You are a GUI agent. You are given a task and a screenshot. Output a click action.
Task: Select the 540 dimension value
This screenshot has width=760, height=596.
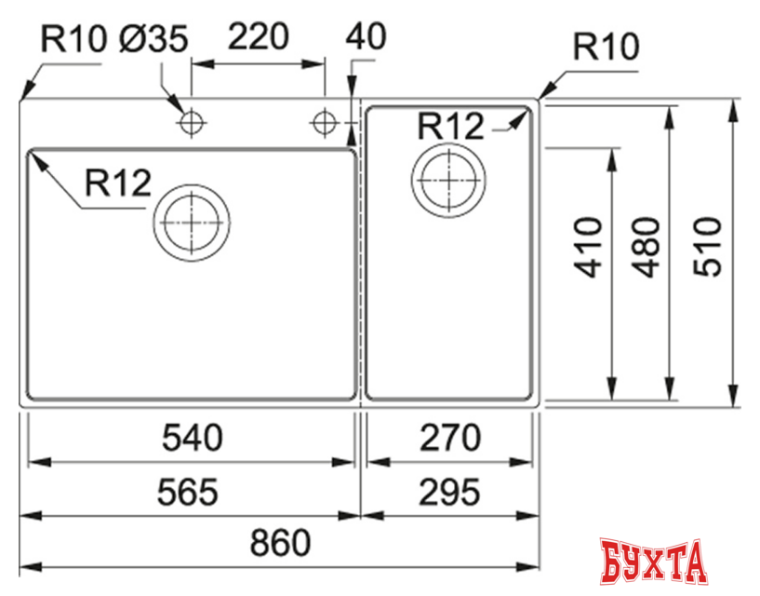(x=193, y=438)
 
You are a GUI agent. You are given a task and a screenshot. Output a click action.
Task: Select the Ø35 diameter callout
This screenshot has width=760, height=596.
(x=153, y=39)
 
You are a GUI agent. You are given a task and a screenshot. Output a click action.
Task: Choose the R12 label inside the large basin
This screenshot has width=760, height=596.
(x=117, y=183)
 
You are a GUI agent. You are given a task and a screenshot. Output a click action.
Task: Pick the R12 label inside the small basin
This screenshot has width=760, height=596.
(x=451, y=125)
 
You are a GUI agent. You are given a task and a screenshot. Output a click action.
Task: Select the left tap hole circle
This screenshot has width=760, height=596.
(x=192, y=122)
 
